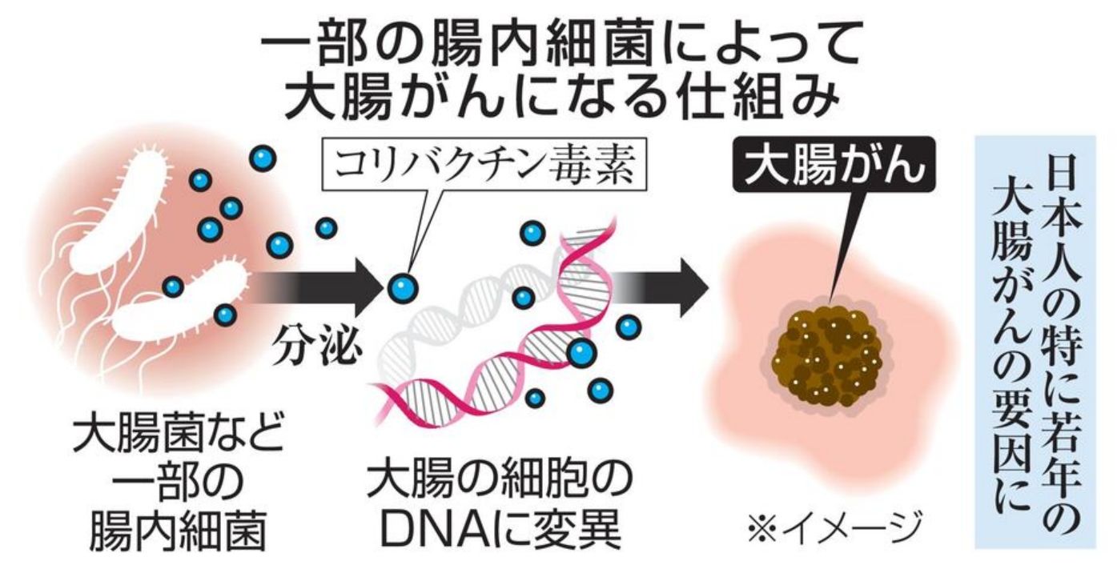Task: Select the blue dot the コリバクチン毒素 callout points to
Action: coord(402,287)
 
